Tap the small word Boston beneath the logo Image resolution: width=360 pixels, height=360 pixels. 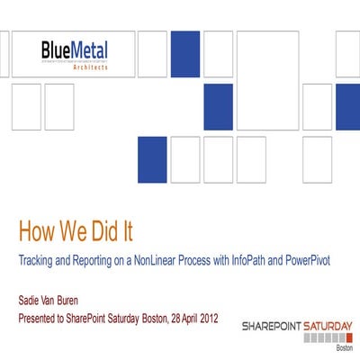click(344, 347)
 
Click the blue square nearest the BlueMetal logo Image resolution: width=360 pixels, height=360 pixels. click(185, 53)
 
